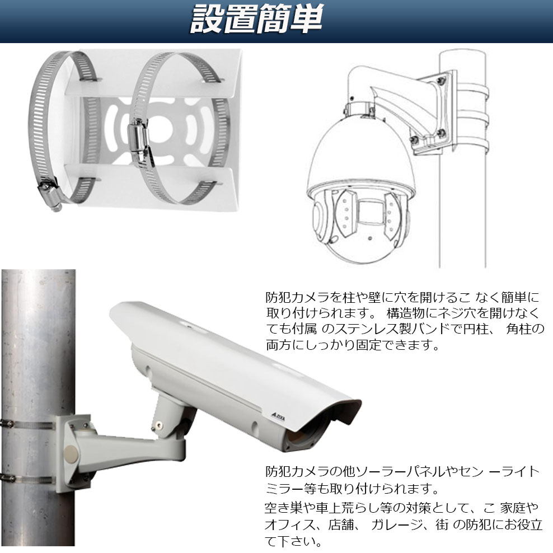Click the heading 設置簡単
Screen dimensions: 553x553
click(x=256, y=20)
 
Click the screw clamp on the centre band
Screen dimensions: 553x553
click(x=140, y=142)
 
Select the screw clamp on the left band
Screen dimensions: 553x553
click(x=50, y=194)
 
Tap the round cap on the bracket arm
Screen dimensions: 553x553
click(x=70, y=454)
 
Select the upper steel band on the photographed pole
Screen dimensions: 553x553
click(x=28, y=424)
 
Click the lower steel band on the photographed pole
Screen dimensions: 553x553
click(x=27, y=480)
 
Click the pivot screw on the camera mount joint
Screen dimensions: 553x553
click(x=160, y=425)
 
